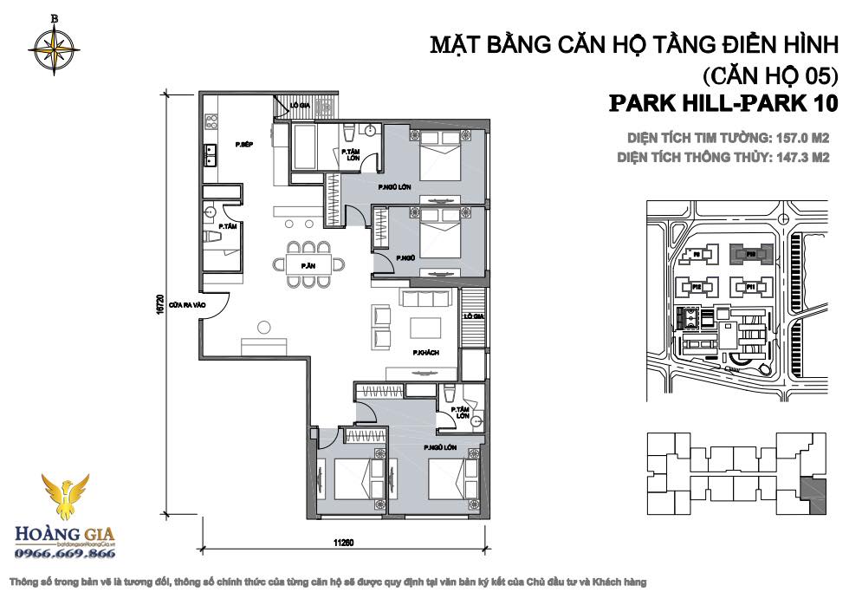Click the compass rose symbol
55,47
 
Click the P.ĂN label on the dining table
307,264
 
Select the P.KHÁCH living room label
424,353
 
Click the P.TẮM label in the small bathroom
229,226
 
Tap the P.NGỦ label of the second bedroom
403,258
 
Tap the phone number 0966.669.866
66,553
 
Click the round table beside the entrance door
263,326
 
